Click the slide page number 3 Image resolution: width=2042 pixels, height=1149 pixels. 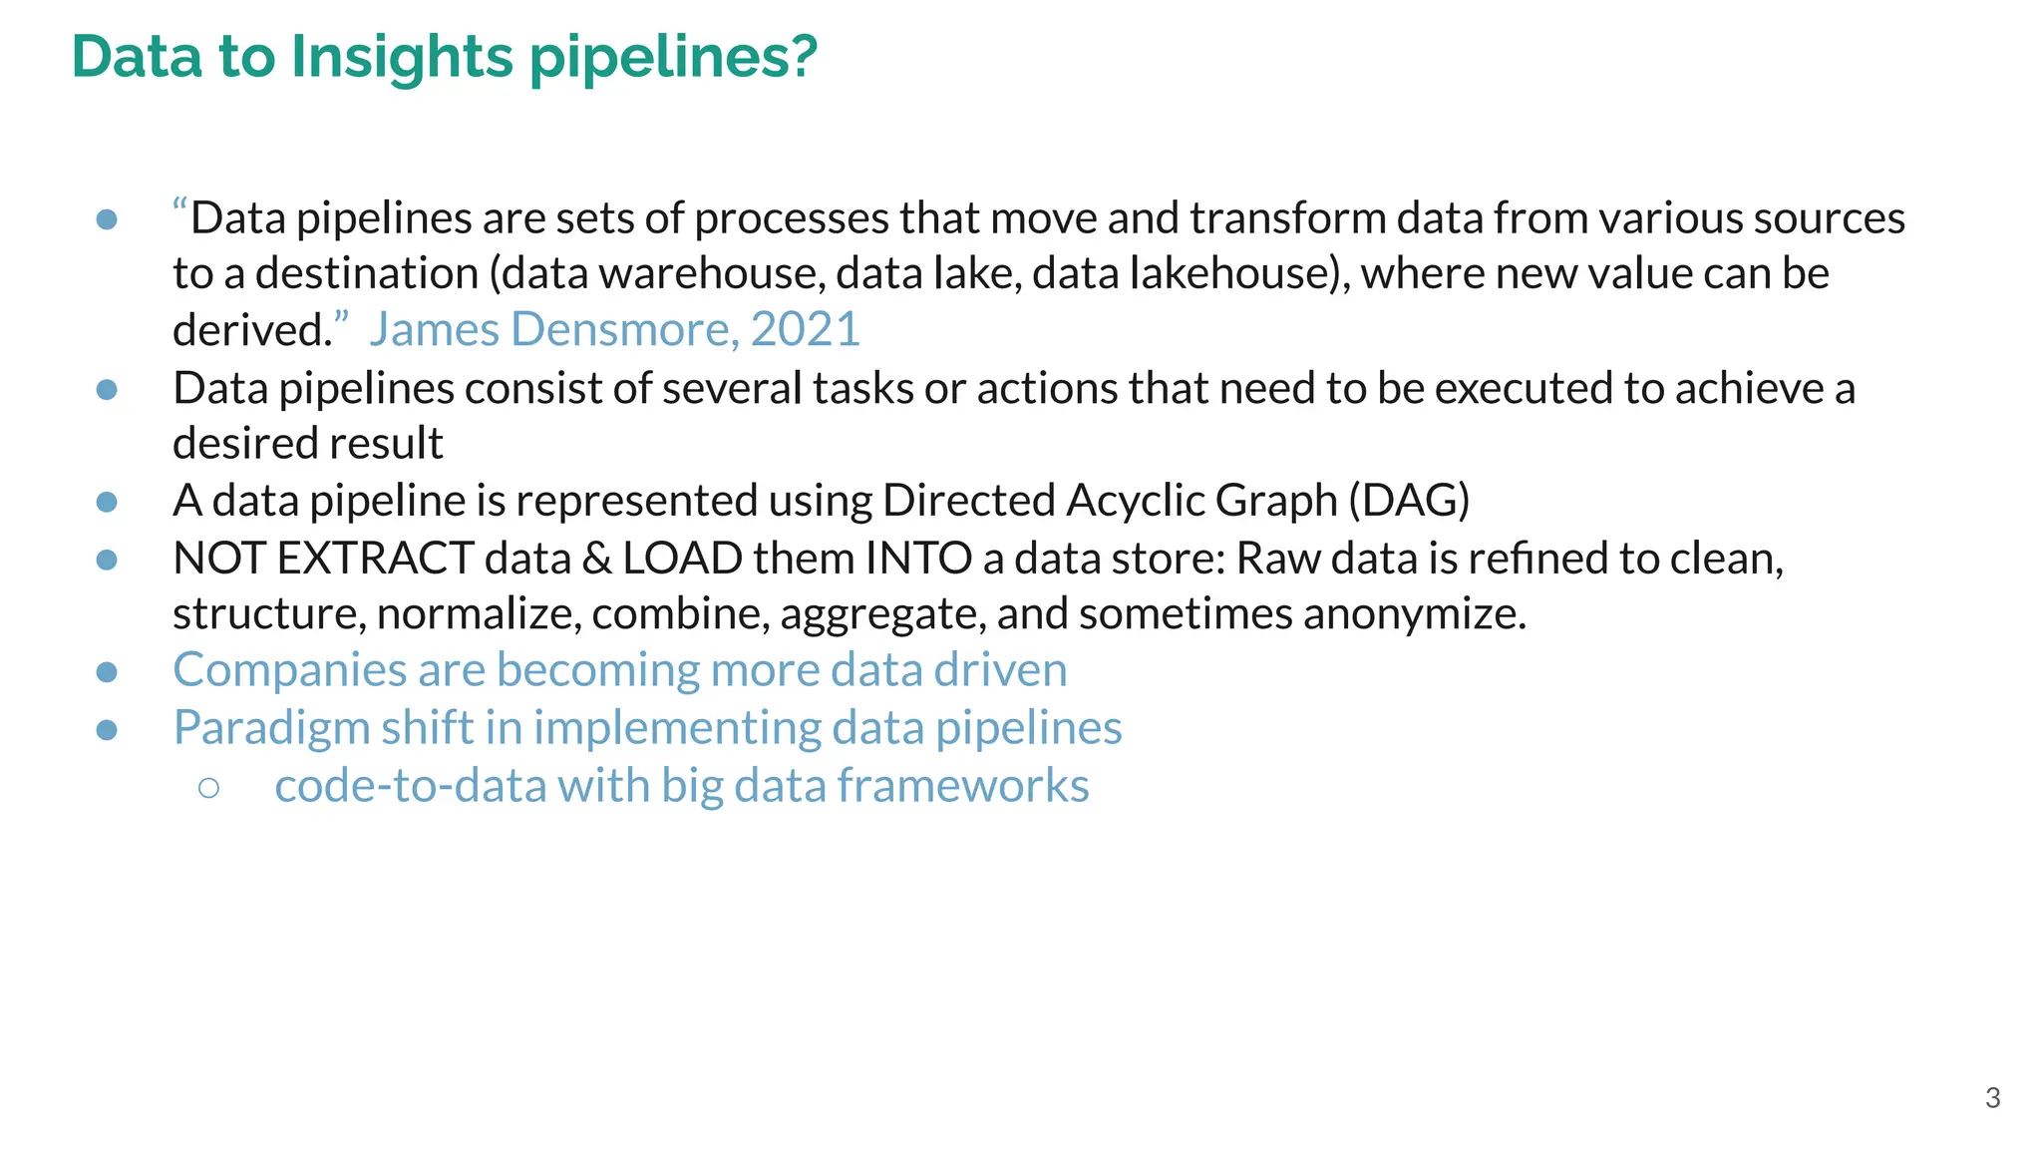tap(1992, 1098)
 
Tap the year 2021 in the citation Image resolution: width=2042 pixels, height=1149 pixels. tap(805, 329)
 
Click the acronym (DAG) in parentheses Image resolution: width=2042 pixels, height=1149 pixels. tap(1409, 500)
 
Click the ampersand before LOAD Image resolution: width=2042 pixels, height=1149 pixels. tap(596, 558)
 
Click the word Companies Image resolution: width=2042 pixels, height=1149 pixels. tap(289, 669)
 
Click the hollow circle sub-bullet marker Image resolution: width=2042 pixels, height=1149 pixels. tap(208, 788)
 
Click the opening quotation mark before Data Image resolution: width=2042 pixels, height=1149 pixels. tap(180, 210)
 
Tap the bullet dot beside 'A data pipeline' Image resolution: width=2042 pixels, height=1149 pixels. tap(107, 502)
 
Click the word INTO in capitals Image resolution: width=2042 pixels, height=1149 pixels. tap(918, 558)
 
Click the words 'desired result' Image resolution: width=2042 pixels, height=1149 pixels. tap(307, 443)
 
